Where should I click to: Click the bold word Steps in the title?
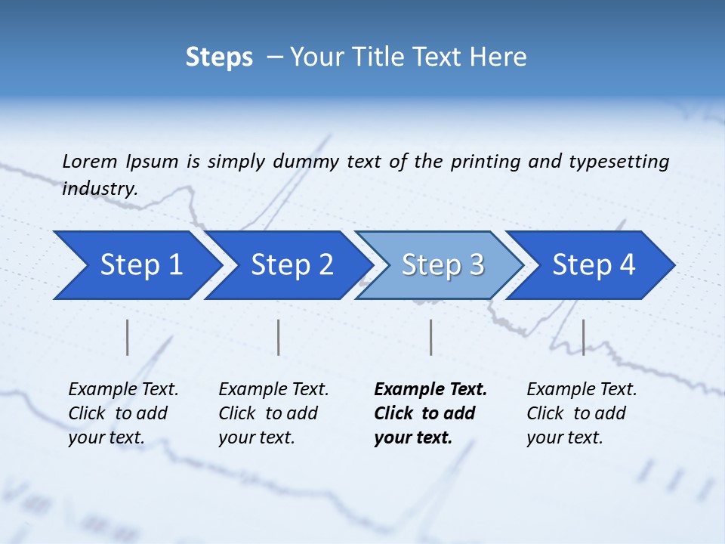[219, 57]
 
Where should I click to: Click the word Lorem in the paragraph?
[89, 162]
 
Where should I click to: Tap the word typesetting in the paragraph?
[619, 162]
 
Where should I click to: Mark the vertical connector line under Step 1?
[128, 337]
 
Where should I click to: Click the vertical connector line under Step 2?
[279, 337]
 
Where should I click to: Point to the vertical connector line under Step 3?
[430, 337]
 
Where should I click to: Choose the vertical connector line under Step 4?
[583, 337]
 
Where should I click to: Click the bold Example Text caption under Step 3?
[430, 390]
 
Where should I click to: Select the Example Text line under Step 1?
[123, 390]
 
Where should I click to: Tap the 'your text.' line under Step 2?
[257, 437]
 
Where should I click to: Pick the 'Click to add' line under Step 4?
[576, 413]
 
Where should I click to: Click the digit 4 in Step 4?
[627, 265]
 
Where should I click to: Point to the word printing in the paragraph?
[486, 162]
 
